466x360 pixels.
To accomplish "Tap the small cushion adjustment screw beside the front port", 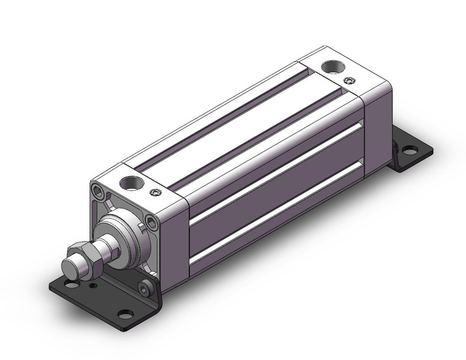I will pyautogui.click(x=156, y=193).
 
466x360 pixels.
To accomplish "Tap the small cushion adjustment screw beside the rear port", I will pyautogui.click(x=349, y=80).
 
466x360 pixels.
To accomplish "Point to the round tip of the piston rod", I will pyautogui.click(x=69, y=267).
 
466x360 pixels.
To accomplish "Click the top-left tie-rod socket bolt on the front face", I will pyautogui.click(x=97, y=191).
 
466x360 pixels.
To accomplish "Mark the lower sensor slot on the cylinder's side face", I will pyautogui.click(x=276, y=209).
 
